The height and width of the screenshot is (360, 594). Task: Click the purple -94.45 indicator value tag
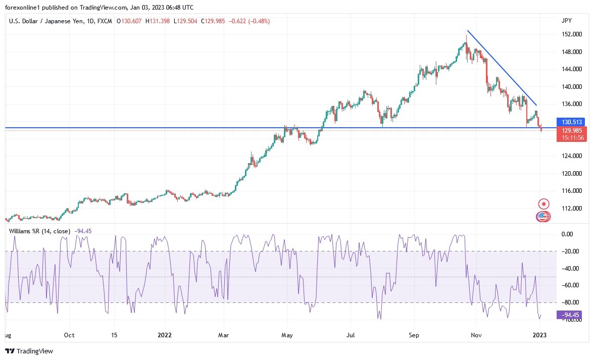[x=568, y=315]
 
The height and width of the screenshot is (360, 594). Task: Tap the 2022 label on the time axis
[x=165, y=335]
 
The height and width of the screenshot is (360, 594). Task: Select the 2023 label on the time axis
[x=539, y=335]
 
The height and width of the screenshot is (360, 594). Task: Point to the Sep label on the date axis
[x=414, y=335]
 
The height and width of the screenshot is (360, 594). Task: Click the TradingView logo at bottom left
[x=29, y=351]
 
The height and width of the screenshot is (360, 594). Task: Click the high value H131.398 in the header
[x=159, y=21]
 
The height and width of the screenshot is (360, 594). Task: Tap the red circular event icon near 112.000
[x=543, y=204]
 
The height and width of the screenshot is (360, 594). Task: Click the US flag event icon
[x=542, y=217]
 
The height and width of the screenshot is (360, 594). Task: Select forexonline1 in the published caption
[x=23, y=7]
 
